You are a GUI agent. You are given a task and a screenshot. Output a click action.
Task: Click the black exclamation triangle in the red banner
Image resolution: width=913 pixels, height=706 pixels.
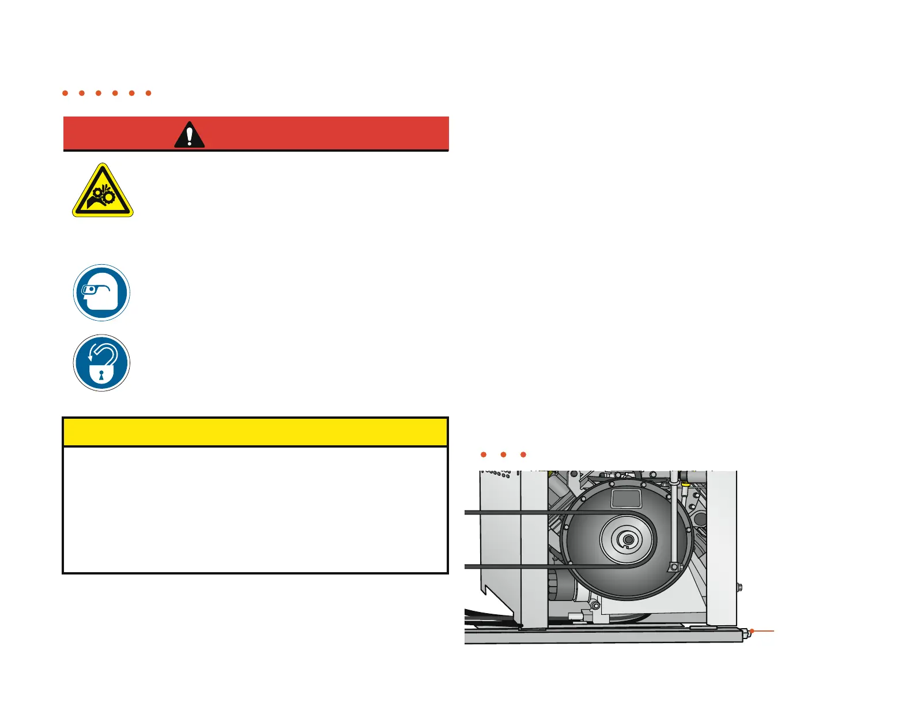pyautogui.click(x=189, y=135)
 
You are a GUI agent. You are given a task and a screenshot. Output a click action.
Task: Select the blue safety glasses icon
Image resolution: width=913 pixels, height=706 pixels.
pyautogui.click(x=101, y=292)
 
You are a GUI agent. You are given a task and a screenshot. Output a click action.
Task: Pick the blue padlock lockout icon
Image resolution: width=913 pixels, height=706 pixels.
pyautogui.click(x=101, y=363)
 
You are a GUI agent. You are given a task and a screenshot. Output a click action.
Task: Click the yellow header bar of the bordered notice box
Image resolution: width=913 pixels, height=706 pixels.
pyautogui.click(x=255, y=432)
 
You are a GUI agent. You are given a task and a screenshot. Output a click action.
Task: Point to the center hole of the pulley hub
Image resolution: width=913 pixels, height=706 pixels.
pyautogui.click(x=628, y=540)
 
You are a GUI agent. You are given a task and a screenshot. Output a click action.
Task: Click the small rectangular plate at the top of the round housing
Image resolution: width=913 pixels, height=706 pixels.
pyautogui.click(x=626, y=498)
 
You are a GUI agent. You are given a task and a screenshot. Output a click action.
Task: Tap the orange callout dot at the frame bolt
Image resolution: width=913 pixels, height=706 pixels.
pyautogui.click(x=752, y=631)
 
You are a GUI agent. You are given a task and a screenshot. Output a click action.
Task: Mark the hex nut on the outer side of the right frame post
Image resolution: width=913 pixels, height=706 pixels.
pyautogui.click(x=739, y=588)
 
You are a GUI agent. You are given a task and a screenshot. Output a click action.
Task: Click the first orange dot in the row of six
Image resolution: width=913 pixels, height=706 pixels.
pyautogui.click(x=65, y=93)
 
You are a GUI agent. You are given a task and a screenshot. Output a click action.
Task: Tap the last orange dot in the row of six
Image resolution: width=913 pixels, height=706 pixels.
pyautogui.click(x=148, y=93)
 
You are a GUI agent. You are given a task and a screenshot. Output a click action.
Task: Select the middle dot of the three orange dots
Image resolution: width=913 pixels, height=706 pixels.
pyautogui.click(x=503, y=455)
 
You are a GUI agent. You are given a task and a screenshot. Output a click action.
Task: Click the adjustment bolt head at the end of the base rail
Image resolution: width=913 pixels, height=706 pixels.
pyautogui.click(x=744, y=633)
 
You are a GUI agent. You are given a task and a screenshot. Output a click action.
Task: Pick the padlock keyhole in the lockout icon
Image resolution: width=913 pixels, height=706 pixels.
pyautogui.click(x=101, y=375)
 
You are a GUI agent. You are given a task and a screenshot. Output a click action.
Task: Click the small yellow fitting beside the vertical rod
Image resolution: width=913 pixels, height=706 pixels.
pyautogui.click(x=685, y=485)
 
